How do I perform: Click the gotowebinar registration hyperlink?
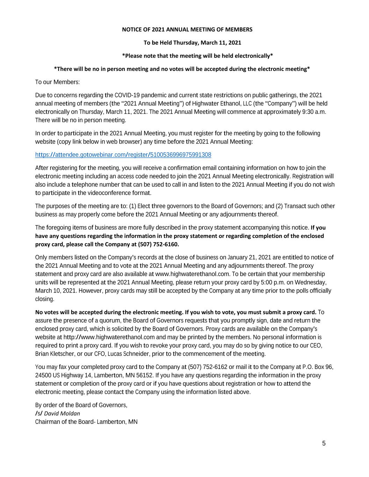pos(123,155)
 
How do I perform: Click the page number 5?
pos(324,443)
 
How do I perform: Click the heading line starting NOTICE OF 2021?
pos(187,30)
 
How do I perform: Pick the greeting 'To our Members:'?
pos(57,82)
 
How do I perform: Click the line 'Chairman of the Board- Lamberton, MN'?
pos(86,422)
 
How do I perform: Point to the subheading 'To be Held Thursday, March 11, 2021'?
pos(192,43)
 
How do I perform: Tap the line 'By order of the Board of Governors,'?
pos(81,405)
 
